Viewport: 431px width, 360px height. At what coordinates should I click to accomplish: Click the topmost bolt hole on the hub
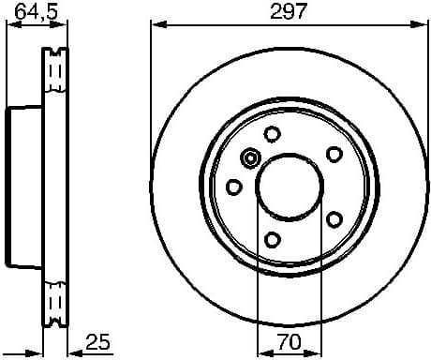(x=272, y=133)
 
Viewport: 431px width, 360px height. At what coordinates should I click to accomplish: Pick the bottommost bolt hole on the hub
(x=272, y=240)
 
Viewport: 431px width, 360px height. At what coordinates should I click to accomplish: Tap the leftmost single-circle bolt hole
(x=232, y=187)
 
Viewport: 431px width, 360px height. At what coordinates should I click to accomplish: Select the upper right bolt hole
(x=333, y=154)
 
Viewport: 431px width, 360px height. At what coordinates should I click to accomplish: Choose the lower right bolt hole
(x=333, y=218)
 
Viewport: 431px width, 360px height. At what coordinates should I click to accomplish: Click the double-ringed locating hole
(x=249, y=158)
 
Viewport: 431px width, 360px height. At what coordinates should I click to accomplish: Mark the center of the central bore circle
(x=290, y=187)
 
